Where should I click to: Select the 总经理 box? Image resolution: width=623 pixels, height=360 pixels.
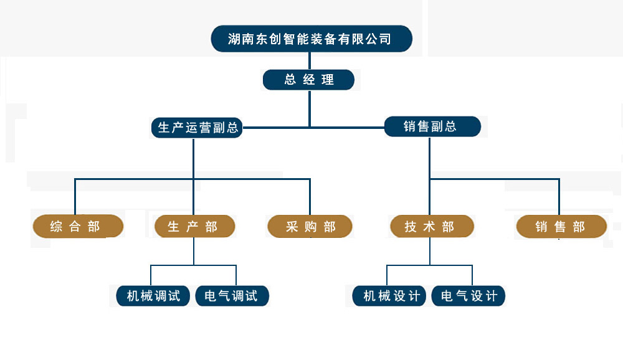coord(308,80)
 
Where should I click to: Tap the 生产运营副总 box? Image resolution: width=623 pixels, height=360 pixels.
coord(197,128)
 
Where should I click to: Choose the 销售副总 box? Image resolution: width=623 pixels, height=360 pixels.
coord(432,126)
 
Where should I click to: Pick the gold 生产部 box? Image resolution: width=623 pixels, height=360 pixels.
coord(194,227)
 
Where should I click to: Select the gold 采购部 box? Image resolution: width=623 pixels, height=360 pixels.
coord(310,227)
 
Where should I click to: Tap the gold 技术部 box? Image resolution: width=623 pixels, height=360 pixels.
coord(431,227)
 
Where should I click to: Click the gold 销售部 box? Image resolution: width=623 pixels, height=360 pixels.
coord(561,227)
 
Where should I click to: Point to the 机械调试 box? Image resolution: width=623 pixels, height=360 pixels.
coord(153,296)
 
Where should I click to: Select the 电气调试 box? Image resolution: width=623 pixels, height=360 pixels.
coord(232,296)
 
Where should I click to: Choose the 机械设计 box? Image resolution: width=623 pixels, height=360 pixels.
coord(388,296)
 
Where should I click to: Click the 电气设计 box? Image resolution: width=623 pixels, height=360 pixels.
coord(468,296)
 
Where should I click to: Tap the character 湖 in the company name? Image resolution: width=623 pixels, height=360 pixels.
coord(235,39)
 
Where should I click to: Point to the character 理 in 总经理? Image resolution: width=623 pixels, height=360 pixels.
coord(328,80)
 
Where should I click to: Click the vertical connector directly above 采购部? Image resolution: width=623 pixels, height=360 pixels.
coord(310,197)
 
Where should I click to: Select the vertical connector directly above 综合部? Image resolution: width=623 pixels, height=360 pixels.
coord(75,197)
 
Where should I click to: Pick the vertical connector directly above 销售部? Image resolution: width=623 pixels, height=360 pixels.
coord(559,197)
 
